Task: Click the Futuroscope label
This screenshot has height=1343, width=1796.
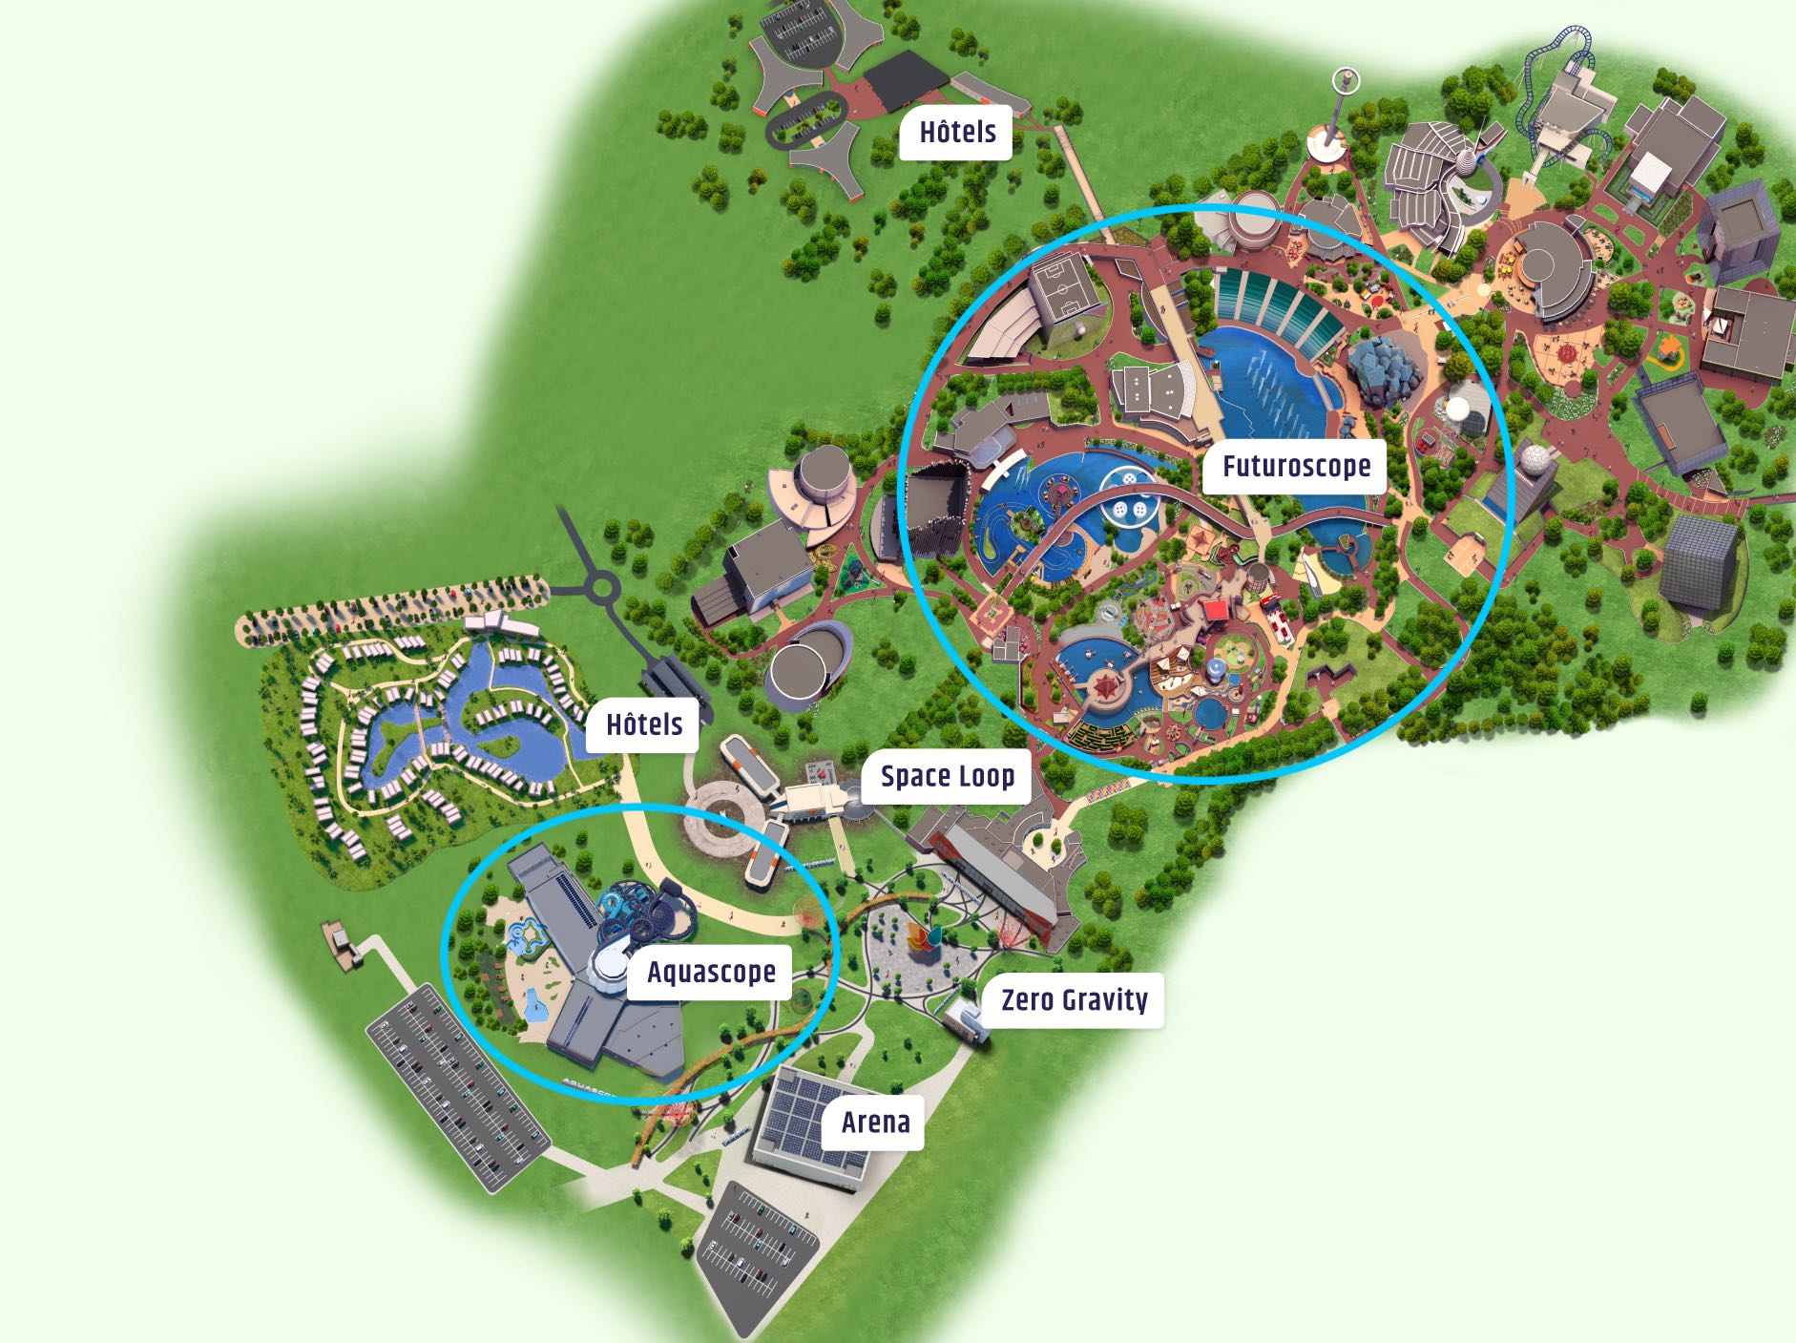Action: tap(1295, 467)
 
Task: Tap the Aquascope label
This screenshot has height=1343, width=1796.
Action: tap(710, 973)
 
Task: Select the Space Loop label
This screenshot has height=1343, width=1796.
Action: tap(947, 776)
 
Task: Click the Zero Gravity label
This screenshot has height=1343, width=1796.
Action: tap(1074, 1000)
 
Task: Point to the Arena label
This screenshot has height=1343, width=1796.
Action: tap(875, 1123)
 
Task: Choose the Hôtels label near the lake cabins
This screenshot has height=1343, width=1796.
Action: tap(644, 724)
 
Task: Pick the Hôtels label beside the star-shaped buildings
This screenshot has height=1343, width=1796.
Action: tap(957, 133)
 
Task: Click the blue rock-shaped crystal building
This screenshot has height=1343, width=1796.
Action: tap(1387, 370)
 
